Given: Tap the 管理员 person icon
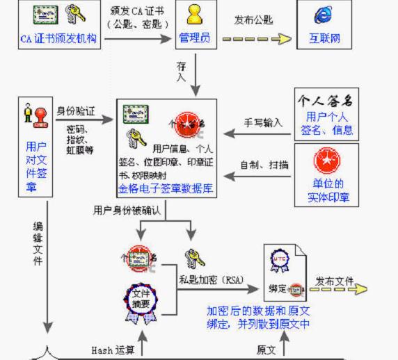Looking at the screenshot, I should tap(194, 13).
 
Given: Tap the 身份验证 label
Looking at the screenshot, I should tap(76, 110).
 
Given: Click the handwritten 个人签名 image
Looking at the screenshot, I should tap(326, 99).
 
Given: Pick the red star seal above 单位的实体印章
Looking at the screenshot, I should tap(325, 161).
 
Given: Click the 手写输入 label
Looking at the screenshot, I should tap(262, 122).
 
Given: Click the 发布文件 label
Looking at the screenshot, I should tap(334, 281).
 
